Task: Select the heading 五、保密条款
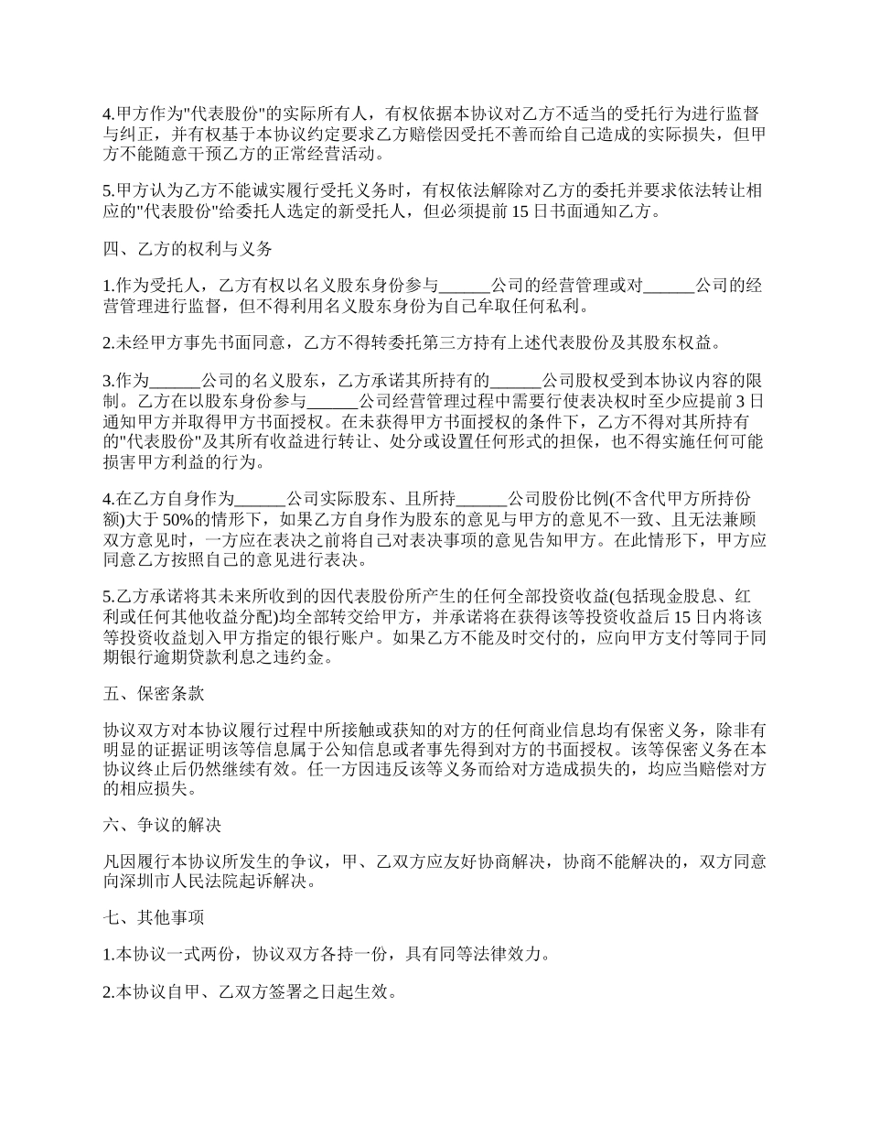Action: pos(154,694)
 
